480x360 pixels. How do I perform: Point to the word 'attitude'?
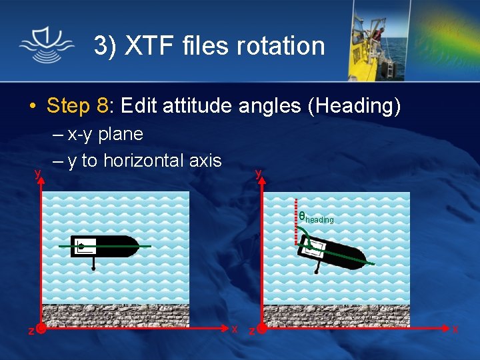coord(210,105)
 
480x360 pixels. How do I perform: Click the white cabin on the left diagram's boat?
coord(85,245)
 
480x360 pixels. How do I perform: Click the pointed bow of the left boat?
coord(134,247)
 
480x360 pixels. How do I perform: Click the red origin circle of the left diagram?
coord(41,329)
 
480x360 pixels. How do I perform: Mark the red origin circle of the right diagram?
coord(262,329)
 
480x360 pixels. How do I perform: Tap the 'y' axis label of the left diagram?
coord(37,173)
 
